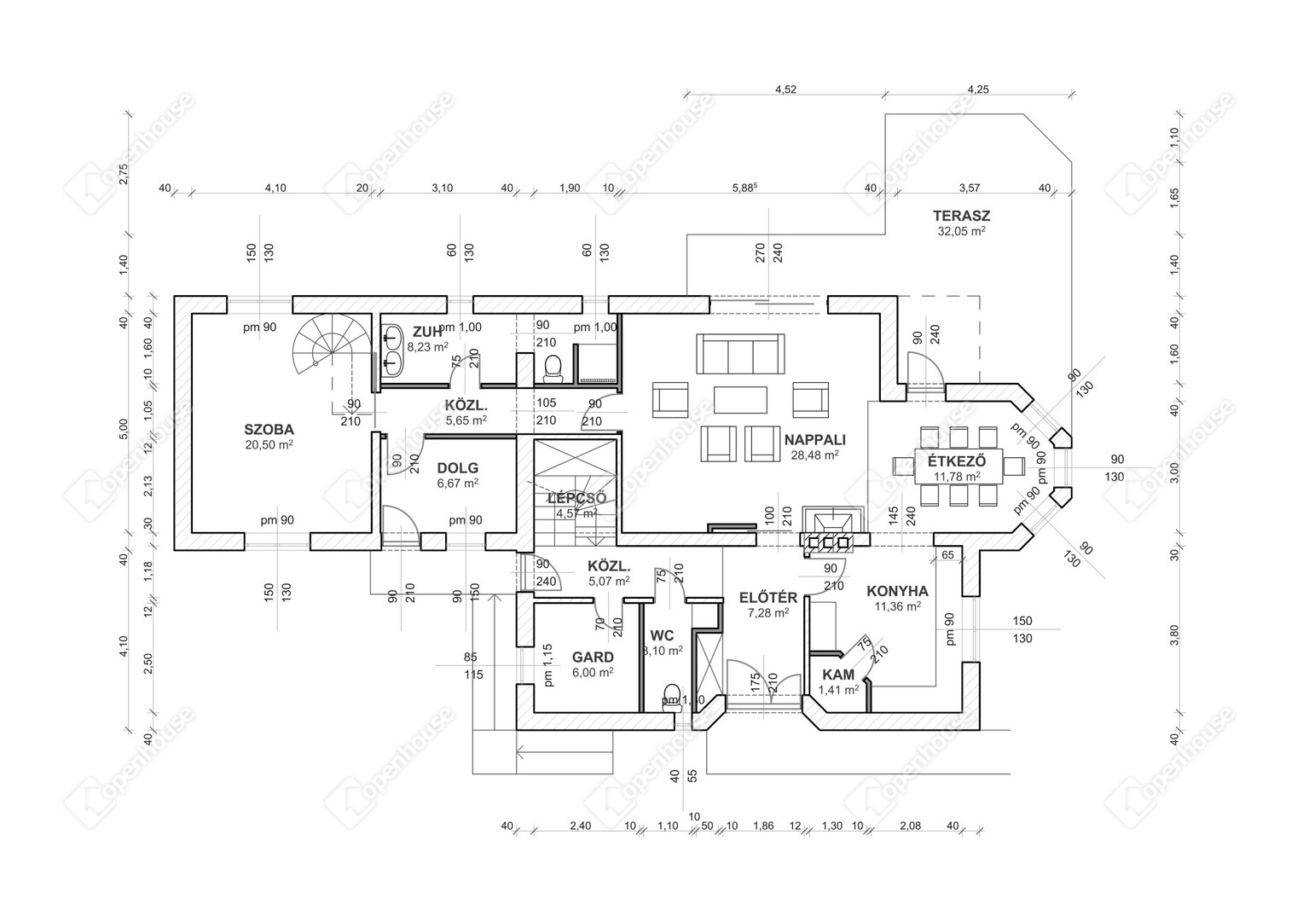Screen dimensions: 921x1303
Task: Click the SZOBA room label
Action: coord(269,429)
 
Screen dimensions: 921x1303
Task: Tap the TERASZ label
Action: coord(960,215)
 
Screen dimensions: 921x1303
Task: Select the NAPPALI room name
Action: coord(814,440)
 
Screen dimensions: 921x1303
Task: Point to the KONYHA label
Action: coord(897,591)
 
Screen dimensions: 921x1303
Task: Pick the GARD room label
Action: coord(593,657)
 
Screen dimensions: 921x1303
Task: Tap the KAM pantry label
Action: coord(837,675)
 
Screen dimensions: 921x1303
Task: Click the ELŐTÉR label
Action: coord(767,597)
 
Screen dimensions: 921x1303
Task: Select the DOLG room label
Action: coord(457,467)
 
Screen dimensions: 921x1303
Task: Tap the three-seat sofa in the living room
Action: coord(739,353)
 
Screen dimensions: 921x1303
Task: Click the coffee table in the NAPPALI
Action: coord(740,399)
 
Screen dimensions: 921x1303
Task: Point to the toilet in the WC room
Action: coord(671,695)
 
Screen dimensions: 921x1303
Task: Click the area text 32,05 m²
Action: coord(960,230)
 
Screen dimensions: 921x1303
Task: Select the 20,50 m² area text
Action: coord(269,444)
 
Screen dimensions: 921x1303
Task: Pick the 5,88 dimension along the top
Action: coord(744,188)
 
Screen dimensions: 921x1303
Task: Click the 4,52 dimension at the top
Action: coord(785,89)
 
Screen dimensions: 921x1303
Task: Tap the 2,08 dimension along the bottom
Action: coord(909,825)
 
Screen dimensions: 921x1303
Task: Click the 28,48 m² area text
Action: coord(814,455)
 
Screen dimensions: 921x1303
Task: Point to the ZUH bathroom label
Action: coord(427,332)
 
